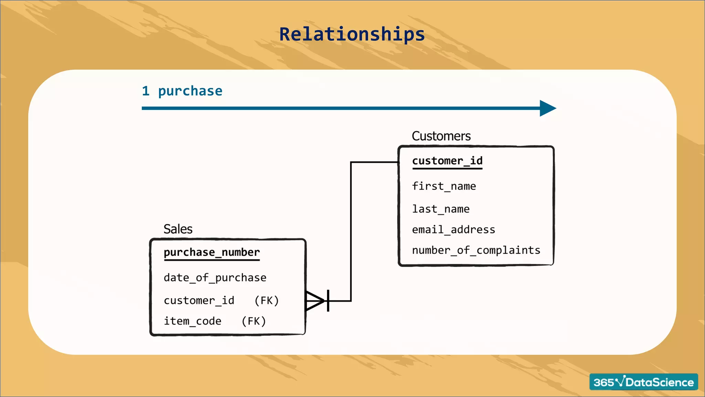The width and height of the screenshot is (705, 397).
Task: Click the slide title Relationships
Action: [x=352, y=34]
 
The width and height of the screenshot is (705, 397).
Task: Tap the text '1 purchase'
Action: [x=182, y=91]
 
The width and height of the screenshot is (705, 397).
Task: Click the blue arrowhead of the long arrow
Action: [x=547, y=108]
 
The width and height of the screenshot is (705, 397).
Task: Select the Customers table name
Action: [x=441, y=136]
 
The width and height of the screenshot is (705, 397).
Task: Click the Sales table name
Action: [x=178, y=229]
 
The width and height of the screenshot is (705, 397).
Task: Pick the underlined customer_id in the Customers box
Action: [x=447, y=161]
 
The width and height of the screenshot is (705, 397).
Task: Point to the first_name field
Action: [x=444, y=186]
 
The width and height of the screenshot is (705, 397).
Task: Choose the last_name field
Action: [x=441, y=209]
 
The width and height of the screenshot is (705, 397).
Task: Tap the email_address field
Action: [x=453, y=230]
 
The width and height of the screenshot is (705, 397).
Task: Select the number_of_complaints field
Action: [x=476, y=250]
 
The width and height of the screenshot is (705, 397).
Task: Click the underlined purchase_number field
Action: [x=212, y=253]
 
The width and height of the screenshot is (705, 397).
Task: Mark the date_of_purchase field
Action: [x=215, y=278]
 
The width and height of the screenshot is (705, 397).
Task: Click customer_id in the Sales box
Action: [x=199, y=301]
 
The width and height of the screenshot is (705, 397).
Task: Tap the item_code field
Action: [x=192, y=321]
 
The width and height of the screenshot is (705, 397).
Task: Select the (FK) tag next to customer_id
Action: [x=266, y=301]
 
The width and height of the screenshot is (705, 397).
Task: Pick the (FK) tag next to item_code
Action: [x=254, y=321]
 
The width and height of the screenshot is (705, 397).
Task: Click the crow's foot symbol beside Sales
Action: [x=314, y=301]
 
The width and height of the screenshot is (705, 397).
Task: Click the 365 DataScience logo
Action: [x=643, y=382]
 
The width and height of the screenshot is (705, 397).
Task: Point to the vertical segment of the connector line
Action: [x=351, y=231]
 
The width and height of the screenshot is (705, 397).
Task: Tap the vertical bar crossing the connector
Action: [x=328, y=301]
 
